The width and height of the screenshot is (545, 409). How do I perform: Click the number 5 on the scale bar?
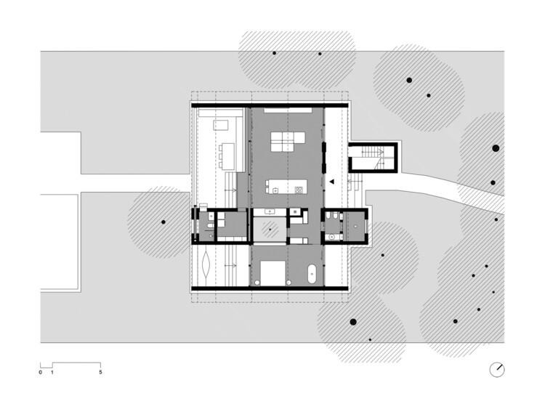point(100,372)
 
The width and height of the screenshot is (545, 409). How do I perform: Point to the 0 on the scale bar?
point(41,372)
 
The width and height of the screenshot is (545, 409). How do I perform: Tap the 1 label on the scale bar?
point(52,372)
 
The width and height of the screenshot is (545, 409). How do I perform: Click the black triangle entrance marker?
point(330,182)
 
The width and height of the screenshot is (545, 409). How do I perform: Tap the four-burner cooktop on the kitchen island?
point(297,188)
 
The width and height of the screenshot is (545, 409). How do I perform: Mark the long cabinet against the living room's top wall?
point(286,110)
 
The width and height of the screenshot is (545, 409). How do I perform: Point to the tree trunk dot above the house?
point(274,54)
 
